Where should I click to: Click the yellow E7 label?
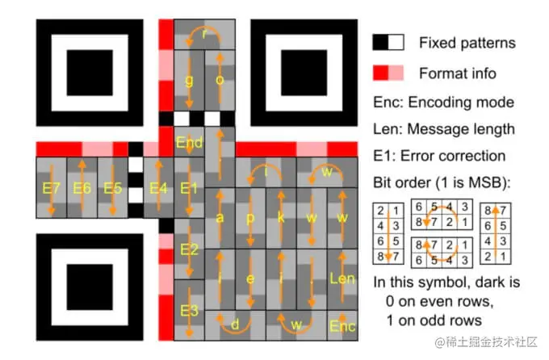tap(51, 188)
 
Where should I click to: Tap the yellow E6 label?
tap(82, 188)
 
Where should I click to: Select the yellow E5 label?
tap(113, 188)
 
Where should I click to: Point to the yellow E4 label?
tap(158, 188)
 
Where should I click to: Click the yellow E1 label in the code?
tap(189, 188)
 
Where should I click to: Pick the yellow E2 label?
tap(190, 249)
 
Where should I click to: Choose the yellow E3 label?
tap(190, 311)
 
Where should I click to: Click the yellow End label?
tap(189, 143)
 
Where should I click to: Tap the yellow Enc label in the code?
tap(342, 326)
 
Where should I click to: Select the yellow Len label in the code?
tap(342, 278)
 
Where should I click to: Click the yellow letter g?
tap(189, 81)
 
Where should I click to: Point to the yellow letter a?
tap(220, 218)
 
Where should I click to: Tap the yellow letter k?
tap(281, 217)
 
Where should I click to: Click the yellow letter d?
tap(235, 324)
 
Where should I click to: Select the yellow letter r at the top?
tap(205, 34)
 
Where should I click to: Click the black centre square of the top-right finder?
tap(304, 73)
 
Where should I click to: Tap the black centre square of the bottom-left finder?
tap(90, 287)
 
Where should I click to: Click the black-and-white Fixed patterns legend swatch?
tap(388, 42)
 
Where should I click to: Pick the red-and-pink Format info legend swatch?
tap(388, 73)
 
